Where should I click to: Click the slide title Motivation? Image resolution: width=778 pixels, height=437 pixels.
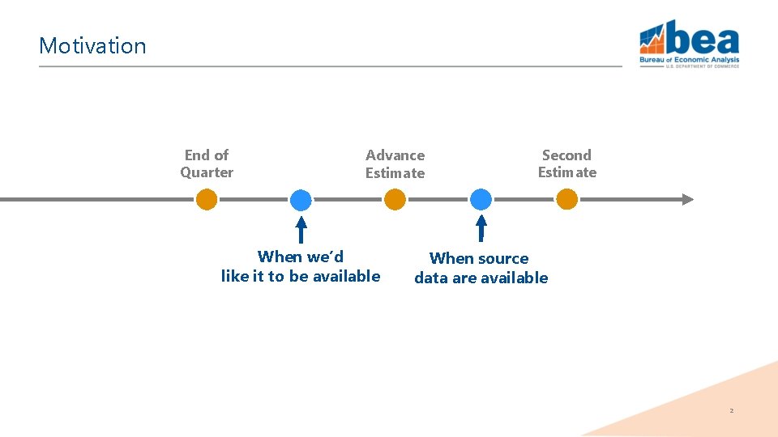click(92, 45)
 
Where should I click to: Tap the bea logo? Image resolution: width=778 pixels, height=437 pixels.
click(689, 45)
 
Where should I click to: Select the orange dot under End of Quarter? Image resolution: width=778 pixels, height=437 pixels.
click(207, 199)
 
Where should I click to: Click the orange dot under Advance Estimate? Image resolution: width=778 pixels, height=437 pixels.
click(395, 199)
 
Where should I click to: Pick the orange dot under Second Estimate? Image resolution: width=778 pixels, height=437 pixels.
click(566, 199)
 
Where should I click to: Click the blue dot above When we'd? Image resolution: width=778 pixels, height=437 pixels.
click(301, 199)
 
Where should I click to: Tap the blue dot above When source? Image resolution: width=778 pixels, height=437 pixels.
click(481, 199)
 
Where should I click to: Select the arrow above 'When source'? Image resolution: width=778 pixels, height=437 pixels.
click(481, 227)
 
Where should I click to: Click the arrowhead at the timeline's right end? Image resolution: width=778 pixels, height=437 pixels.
click(687, 199)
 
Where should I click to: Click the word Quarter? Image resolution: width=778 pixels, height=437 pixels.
click(207, 172)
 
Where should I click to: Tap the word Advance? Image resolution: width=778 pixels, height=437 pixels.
click(395, 155)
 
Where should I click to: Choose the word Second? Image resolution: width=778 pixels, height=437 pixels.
click(566, 155)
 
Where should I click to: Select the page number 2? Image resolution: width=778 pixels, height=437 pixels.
click(731, 411)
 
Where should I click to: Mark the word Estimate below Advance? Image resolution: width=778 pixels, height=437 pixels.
click(395, 173)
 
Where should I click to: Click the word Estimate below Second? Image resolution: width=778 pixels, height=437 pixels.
click(566, 172)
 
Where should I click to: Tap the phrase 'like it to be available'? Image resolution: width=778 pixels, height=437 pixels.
click(301, 277)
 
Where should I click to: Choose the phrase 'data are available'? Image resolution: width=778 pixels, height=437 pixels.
click(481, 278)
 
